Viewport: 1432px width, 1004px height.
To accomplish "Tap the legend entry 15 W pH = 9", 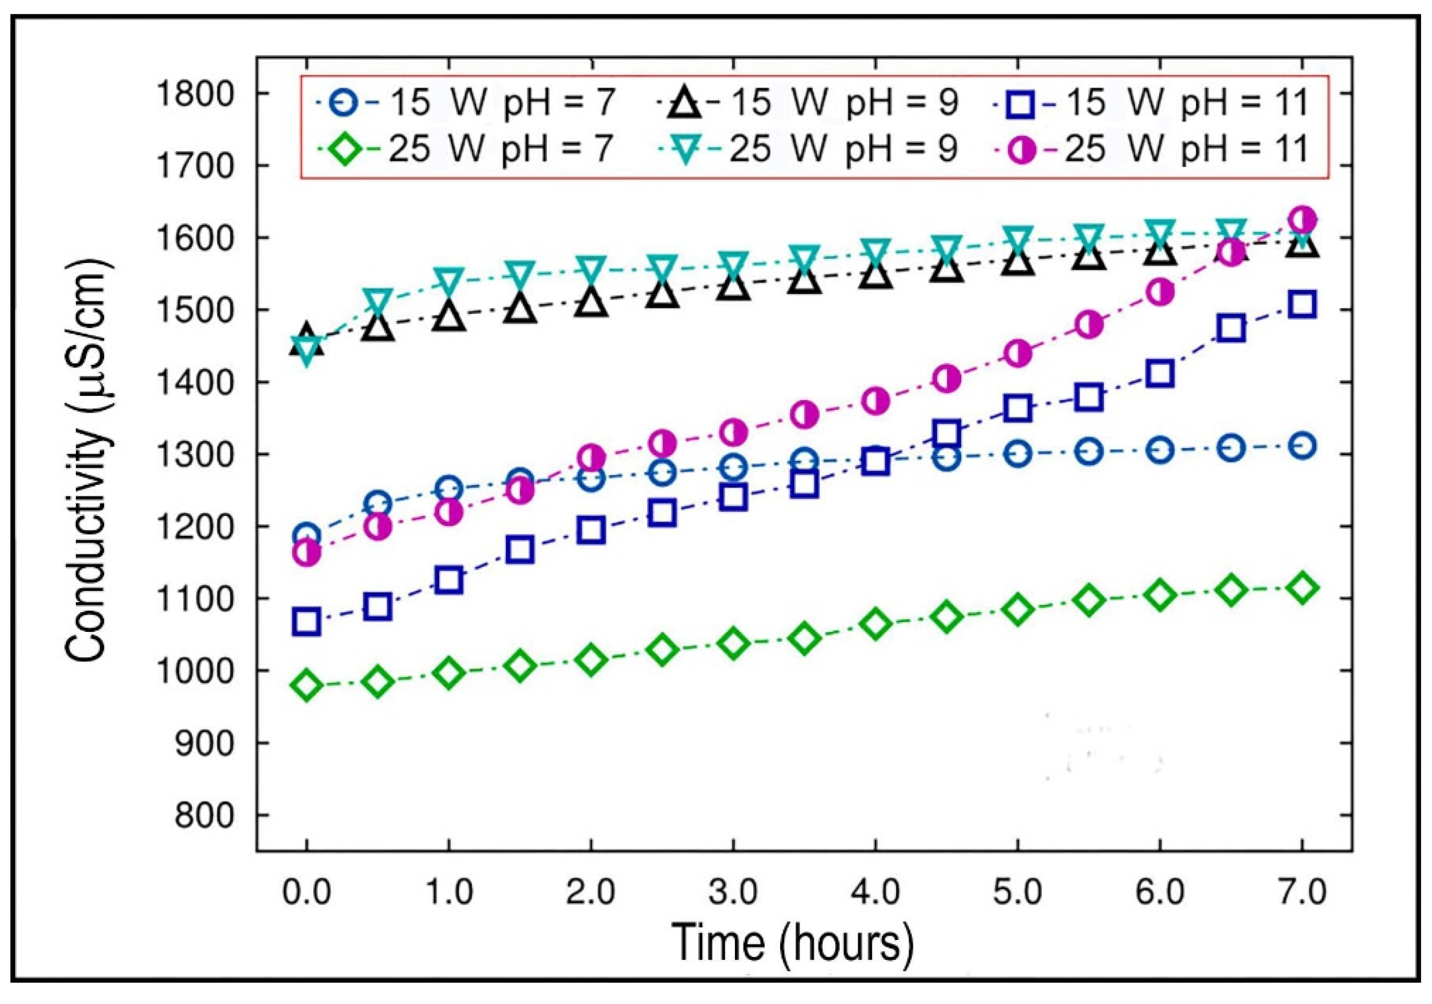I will point(811,102).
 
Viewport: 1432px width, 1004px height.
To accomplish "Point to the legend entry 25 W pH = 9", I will point(811,150).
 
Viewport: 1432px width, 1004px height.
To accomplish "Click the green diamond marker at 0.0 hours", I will point(306,686).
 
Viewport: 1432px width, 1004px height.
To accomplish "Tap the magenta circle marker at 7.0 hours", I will point(1302,219).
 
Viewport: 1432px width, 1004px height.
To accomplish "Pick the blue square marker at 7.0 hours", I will point(1302,305).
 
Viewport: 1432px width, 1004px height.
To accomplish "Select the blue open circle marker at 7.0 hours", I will point(1302,446).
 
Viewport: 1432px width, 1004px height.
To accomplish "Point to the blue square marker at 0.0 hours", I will point(306,623).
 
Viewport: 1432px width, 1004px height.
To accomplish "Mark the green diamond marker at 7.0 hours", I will point(1302,588).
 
